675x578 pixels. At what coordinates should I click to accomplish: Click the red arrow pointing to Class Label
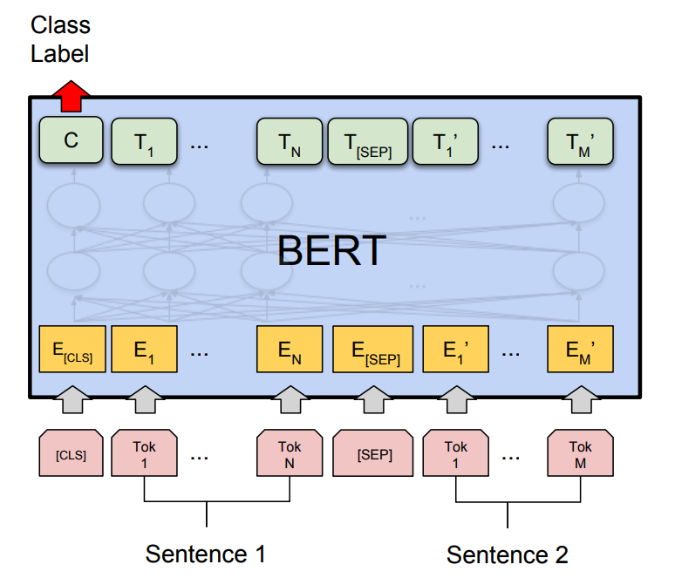[72, 95]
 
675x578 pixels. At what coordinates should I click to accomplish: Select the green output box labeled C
[72, 141]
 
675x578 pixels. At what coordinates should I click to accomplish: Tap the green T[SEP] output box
[366, 142]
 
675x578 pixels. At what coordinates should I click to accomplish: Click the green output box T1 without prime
[144, 142]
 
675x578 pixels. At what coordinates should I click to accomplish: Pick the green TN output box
[289, 142]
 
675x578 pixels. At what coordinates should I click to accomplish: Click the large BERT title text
[331, 251]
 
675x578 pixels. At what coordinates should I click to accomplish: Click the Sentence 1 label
[205, 554]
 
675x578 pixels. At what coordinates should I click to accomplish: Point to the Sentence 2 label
[507, 554]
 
